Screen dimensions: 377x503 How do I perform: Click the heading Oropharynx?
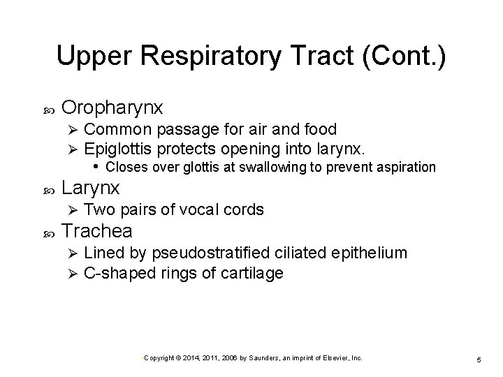pyautogui.click(x=112, y=108)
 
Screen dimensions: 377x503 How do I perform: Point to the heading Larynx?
pyautogui.click(x=91, y=188)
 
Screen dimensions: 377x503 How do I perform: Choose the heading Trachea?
pyautogui.click(x=97, y=231)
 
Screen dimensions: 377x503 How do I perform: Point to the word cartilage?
pyautogui.click(x=252, y=272)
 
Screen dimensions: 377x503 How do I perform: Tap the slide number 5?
pyautogui.click(x=479, y=359)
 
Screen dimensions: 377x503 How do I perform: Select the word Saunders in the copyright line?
pyautogui.click(x=258, y=357)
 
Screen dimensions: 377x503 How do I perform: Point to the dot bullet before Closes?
pyautogui.click(x=96, y=166)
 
